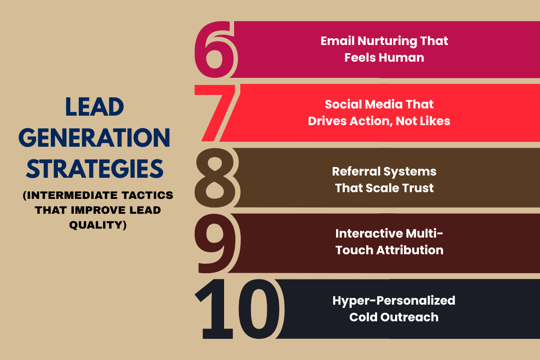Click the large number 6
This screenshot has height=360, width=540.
pyautogui.click(x=215, y=50)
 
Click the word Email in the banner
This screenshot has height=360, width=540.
pyautogui.click(x=337, y=41)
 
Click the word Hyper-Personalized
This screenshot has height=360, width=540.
pyautogui.click(x=394, y=300)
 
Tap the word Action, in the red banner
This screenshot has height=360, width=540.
pyautogui.click(x=368, y=121)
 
